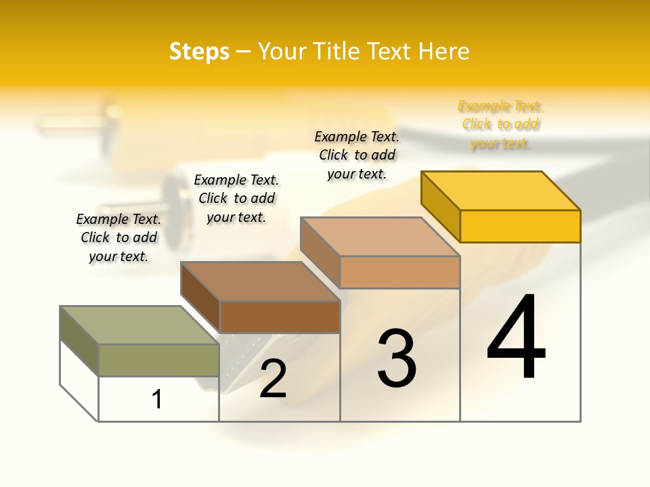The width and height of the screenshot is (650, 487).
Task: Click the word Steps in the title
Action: [199, 51]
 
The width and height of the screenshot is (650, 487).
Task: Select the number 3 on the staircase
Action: [397, 358]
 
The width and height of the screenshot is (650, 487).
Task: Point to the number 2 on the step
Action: [273, 379]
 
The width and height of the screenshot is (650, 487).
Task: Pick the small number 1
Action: [157, 399]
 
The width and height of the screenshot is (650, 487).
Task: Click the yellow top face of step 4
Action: [501, 190]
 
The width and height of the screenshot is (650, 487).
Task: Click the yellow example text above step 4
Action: [500, 124]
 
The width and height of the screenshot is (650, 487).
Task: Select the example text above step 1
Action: [118, 237]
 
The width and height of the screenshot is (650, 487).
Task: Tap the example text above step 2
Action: [236, 198]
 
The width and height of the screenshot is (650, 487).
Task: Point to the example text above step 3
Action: [357, 155]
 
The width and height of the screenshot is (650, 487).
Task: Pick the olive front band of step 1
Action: [158, 360]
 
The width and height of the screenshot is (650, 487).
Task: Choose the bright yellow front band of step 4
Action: [520, 226]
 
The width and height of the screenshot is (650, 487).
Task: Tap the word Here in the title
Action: [444, 51]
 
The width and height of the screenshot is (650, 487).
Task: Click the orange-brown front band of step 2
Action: [279, 317]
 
